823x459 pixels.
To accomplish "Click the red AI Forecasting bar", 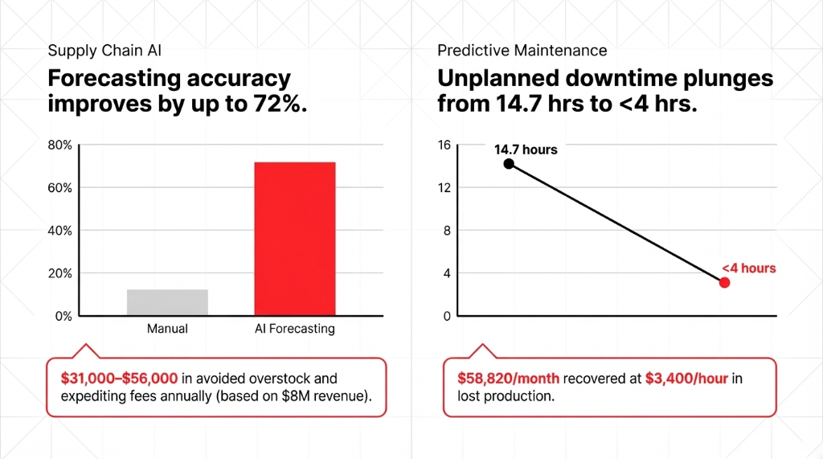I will [295, 239].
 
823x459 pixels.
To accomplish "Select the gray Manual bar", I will [168, 302].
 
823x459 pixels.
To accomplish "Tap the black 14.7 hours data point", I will [509, 164].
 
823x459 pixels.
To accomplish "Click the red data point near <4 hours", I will [724, 282].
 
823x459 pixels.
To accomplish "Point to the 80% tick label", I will [60, 145].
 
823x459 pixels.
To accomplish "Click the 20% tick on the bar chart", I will [60, 273].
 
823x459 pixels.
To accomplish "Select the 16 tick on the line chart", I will [444, 145].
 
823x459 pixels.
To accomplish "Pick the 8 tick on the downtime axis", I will [448, 231].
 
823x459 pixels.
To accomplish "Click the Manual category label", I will [167, 329].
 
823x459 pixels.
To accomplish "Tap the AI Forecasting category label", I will [294, 329].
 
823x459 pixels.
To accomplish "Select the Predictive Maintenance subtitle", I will [522, 51].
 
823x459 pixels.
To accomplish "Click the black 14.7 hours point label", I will [526, 150].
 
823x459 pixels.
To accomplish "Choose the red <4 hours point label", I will [748, 268].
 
